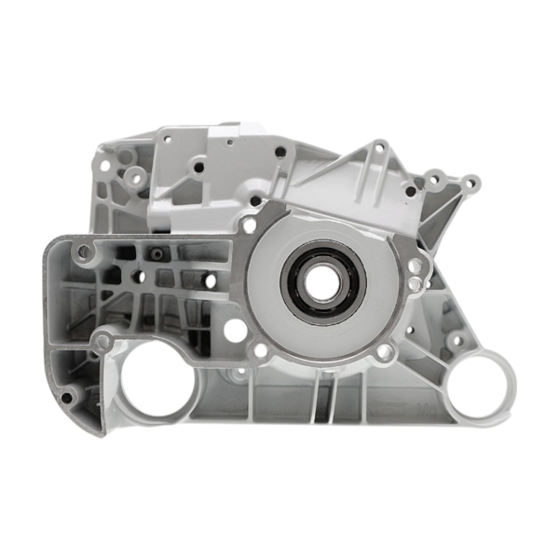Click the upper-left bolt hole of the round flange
point(249,225)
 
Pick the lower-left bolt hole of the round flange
point(261,349)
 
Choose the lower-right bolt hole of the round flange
point(384,351)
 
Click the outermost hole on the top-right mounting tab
point(472,183)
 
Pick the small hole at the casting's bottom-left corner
point(66,398)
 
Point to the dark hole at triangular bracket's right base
point(410,192)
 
